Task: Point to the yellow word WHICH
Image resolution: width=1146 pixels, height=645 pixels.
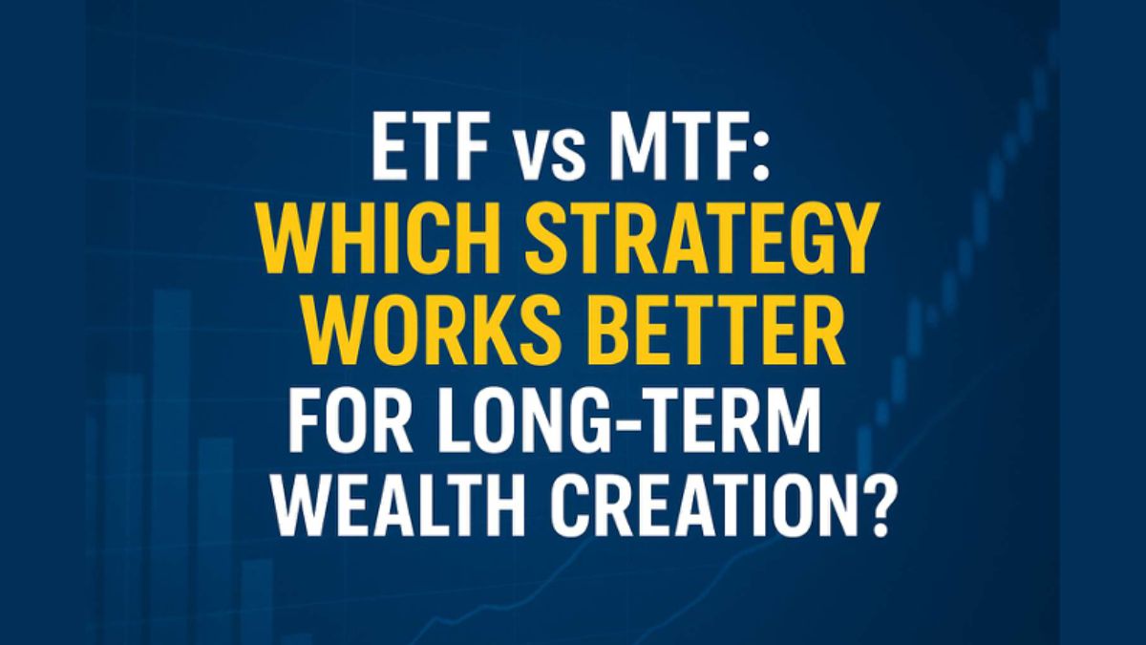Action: pyautogui.click(x=390, y=240)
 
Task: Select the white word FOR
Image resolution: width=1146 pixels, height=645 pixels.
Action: pyautogui.click(x=351, y=419)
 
